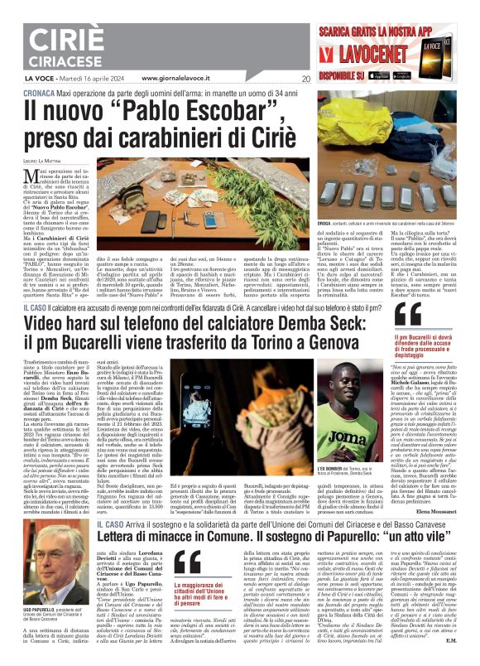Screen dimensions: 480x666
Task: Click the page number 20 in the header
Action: click(306, 80)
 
